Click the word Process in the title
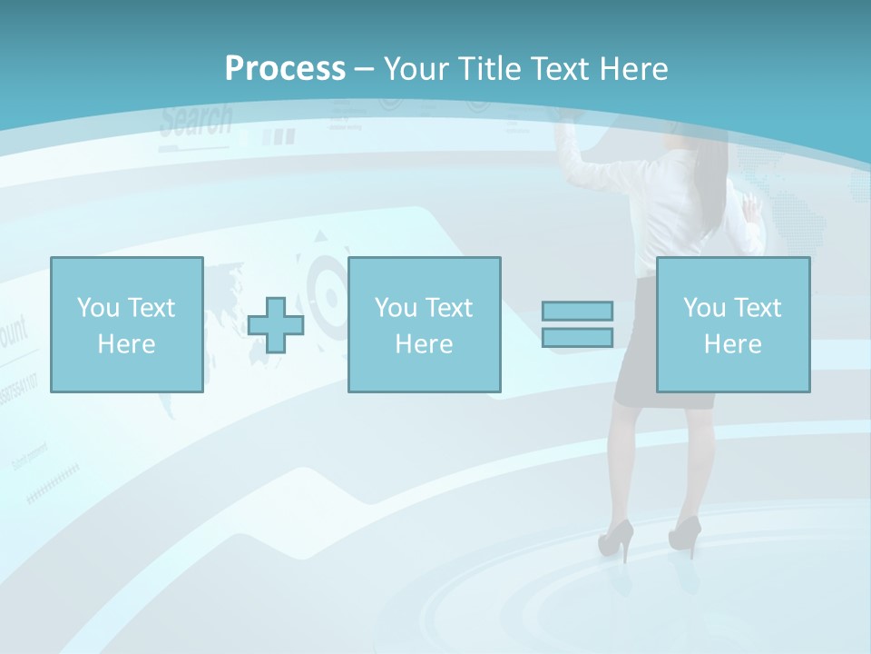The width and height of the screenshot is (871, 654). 285,69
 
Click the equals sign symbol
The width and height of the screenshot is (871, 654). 577,324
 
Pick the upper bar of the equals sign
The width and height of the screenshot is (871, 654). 577,311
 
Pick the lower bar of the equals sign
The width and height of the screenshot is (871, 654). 577,337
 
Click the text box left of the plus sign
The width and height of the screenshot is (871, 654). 126,324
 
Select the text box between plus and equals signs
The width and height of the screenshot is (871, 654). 424,324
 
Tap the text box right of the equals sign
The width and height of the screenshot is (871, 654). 732,324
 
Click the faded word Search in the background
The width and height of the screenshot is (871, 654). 196,121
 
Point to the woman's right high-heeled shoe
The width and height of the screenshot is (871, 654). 685,533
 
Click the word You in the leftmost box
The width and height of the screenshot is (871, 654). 97,308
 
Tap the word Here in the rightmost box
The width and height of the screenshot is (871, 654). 732,344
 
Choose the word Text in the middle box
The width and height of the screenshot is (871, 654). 448,308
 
